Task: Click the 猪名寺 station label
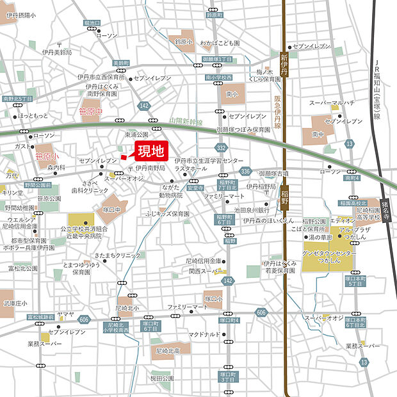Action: [385, 209]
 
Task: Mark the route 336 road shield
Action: [245, 172]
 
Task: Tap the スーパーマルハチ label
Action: [332, 102]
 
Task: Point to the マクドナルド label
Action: [204, 334]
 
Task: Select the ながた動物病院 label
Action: [170, 191]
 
